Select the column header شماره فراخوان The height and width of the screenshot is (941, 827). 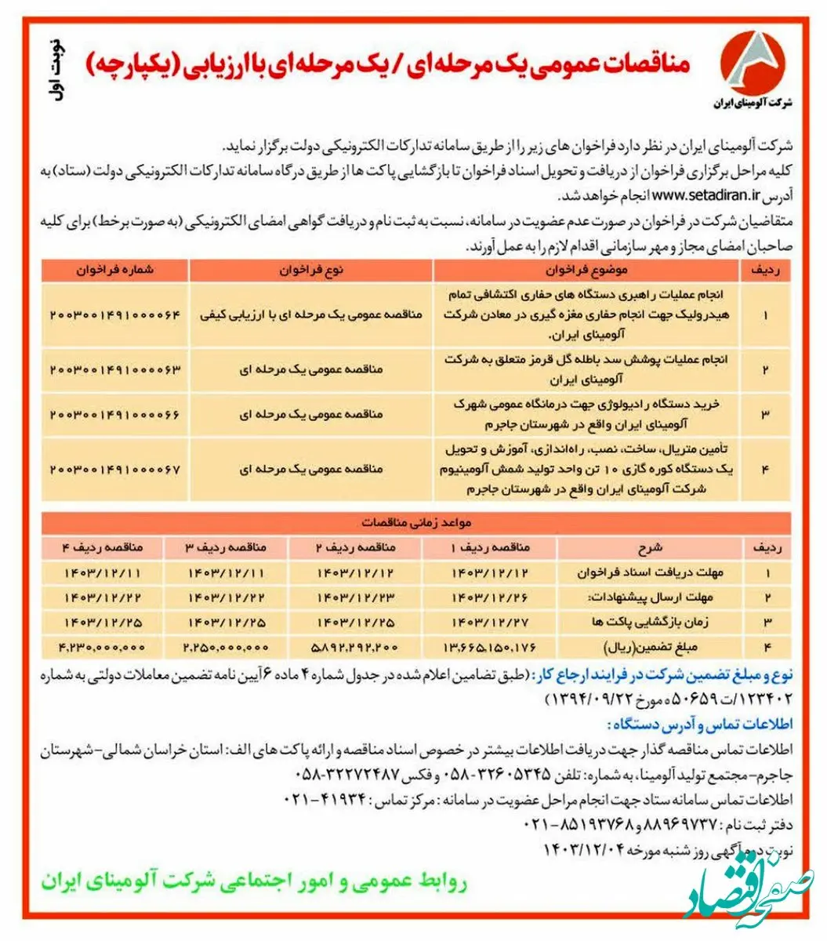click(115, 269)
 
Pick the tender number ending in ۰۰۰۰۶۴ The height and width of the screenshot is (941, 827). click(115, 314)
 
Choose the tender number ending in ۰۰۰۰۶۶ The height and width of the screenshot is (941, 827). click(115, 414)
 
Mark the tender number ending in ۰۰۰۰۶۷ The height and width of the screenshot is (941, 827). click(115, 469)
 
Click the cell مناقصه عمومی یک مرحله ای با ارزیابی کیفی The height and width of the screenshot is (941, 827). click(312, 314)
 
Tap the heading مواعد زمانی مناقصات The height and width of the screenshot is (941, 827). click(415, 522)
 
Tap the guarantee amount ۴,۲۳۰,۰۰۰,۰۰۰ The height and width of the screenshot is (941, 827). click(102, 647)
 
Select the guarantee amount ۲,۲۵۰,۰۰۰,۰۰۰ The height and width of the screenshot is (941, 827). click(226, 647)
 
